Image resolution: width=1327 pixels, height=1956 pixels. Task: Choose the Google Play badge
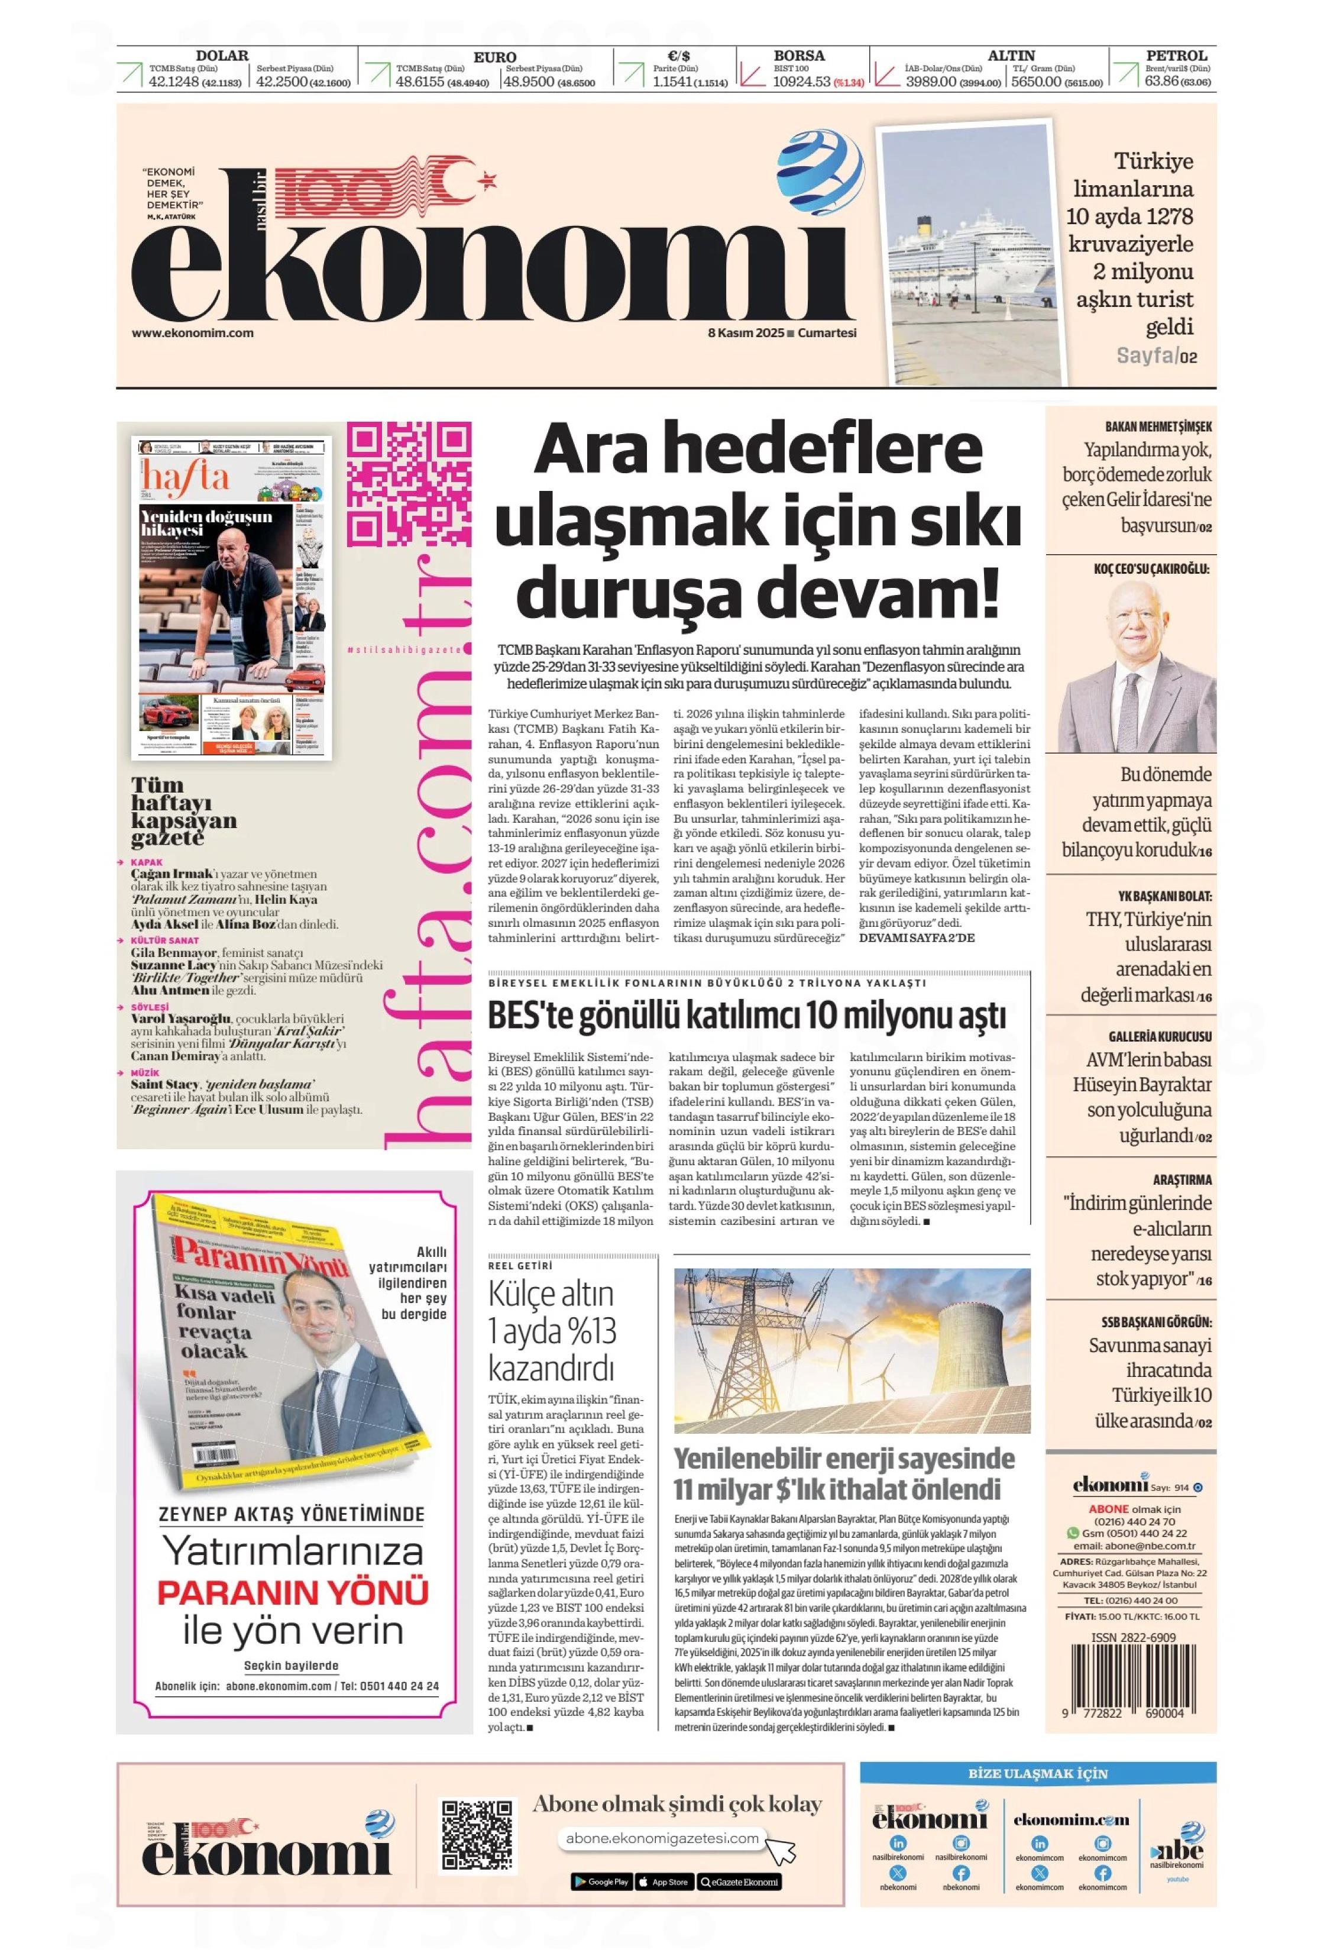pyautogui.click(x=601, y=1882)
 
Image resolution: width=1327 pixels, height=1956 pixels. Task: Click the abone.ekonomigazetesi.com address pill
pyautogui.click(x=662, y=1839)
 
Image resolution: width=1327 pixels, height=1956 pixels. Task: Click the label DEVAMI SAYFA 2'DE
pyautogui.click(x=915, y=937)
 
